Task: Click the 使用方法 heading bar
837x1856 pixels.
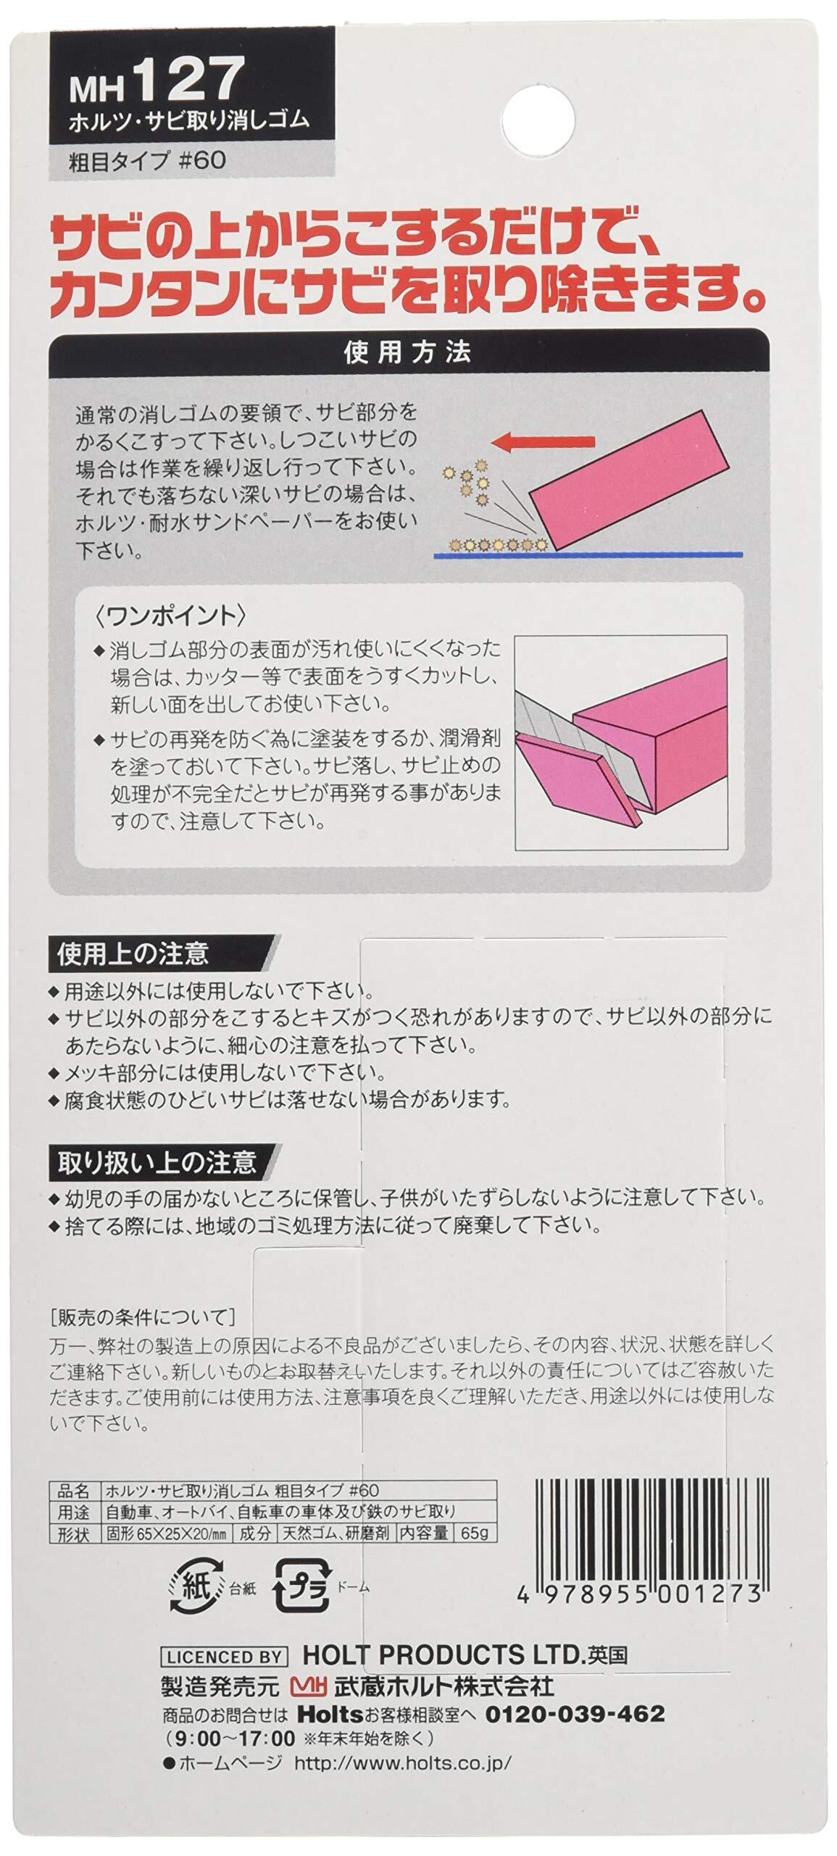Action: pyautogui.click(x=409, y=352)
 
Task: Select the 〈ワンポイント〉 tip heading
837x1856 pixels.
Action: pyautogui.click(x=169, y=616)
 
